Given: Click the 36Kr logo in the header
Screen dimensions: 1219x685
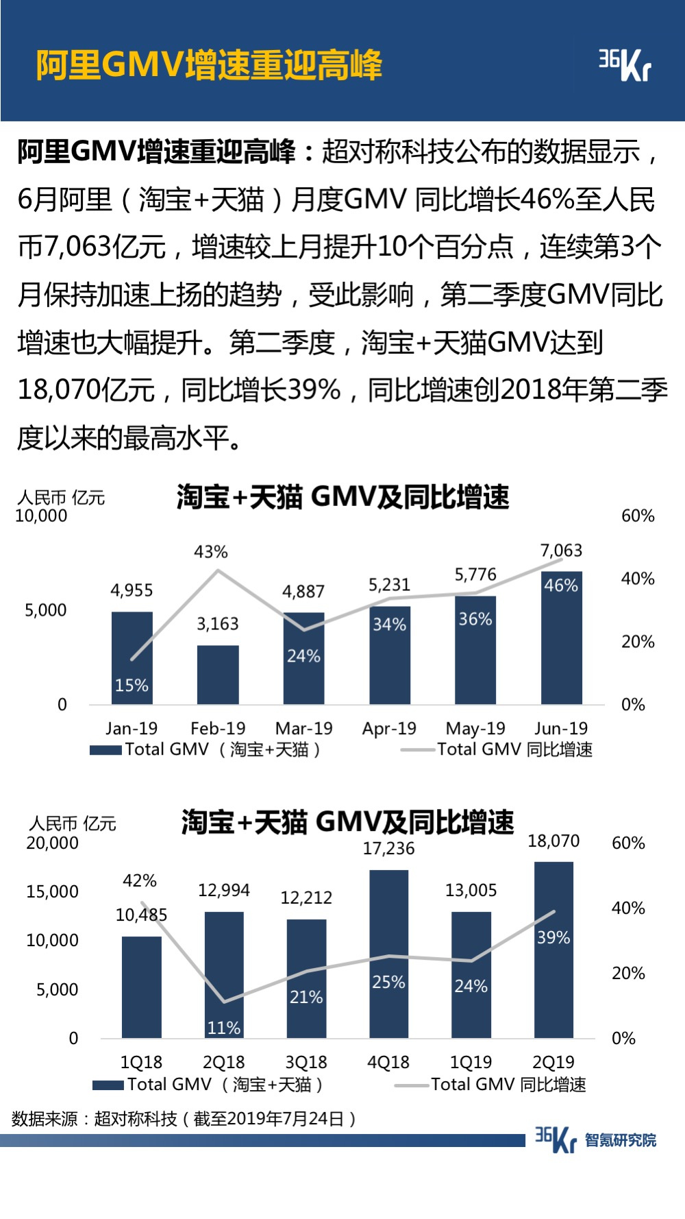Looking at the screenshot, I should (x=624, y=65).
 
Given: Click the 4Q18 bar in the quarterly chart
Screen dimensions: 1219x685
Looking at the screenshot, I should (x=388, y=953).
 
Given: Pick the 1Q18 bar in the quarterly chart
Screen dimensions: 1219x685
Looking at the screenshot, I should (x=142, y=987).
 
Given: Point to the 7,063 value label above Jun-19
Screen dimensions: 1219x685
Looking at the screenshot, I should (x=561, y=551).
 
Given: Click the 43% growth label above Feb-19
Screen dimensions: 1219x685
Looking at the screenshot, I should (x=211, y=552).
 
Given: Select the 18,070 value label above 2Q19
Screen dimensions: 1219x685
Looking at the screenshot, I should (x=553, y=841).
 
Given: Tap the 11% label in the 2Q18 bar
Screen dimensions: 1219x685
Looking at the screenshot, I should (x=224, y=1028).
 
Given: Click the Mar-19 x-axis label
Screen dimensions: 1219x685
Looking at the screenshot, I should (x=303, y=728).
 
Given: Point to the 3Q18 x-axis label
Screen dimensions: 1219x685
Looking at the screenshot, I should (x=306, y=1062).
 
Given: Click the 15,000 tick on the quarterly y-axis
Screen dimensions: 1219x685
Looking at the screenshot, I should (x=52, y=892).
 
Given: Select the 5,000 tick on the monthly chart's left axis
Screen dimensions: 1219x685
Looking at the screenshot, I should (x=46, y=610).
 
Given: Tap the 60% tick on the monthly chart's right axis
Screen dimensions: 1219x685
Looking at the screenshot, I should (x=638, y=516).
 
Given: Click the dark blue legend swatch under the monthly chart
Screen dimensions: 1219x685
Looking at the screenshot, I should (x=105, y=750).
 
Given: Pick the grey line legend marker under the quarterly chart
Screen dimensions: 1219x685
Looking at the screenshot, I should (x=411, y=1085).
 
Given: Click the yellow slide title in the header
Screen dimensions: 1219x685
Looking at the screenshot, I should (x=209, y=66).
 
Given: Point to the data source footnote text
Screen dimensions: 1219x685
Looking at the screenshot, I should (x=184, y=1120).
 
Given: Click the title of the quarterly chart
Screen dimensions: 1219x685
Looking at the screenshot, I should (x=347, y=822).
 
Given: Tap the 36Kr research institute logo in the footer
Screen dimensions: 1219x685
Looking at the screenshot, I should (x=595, y=1139).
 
